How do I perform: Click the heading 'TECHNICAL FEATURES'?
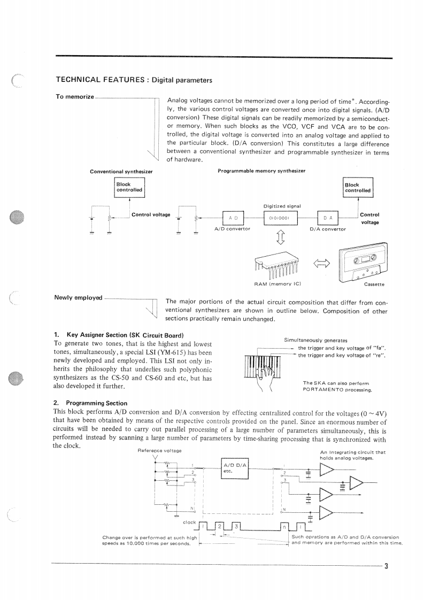101,80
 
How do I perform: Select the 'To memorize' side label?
74,97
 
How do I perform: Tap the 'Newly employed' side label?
79,297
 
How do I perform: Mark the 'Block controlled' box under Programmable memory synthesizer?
357,188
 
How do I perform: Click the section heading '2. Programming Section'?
90,403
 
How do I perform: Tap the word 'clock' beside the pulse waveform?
189,522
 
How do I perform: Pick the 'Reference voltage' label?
159,451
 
